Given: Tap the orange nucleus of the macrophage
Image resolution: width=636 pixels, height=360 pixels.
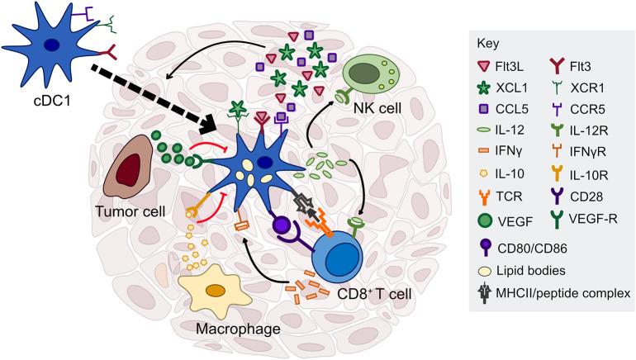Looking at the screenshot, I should click(x=217, y=291).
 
